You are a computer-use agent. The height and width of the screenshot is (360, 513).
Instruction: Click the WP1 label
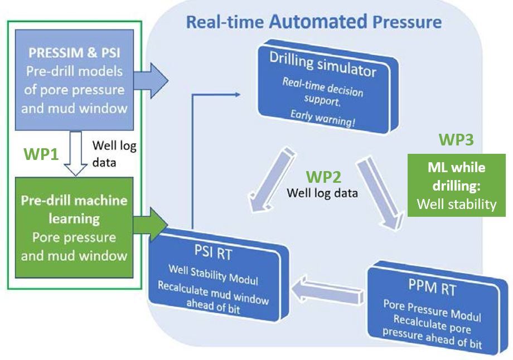point(41,154)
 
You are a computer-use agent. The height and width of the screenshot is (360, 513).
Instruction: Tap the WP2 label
point(323,177)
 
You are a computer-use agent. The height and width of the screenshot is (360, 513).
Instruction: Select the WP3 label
point(456,139)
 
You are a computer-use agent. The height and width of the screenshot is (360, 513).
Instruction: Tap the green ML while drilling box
point(456,186)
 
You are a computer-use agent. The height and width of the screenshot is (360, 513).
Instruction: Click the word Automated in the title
point(318,22)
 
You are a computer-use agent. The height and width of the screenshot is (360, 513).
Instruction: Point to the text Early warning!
point(322,117)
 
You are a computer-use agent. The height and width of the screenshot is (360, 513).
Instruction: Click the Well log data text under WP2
point(322,193)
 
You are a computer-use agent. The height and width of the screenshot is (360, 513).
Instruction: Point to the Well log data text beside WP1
point(114,154)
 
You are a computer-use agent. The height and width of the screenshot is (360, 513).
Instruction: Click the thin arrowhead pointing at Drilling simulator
point(238,95)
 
